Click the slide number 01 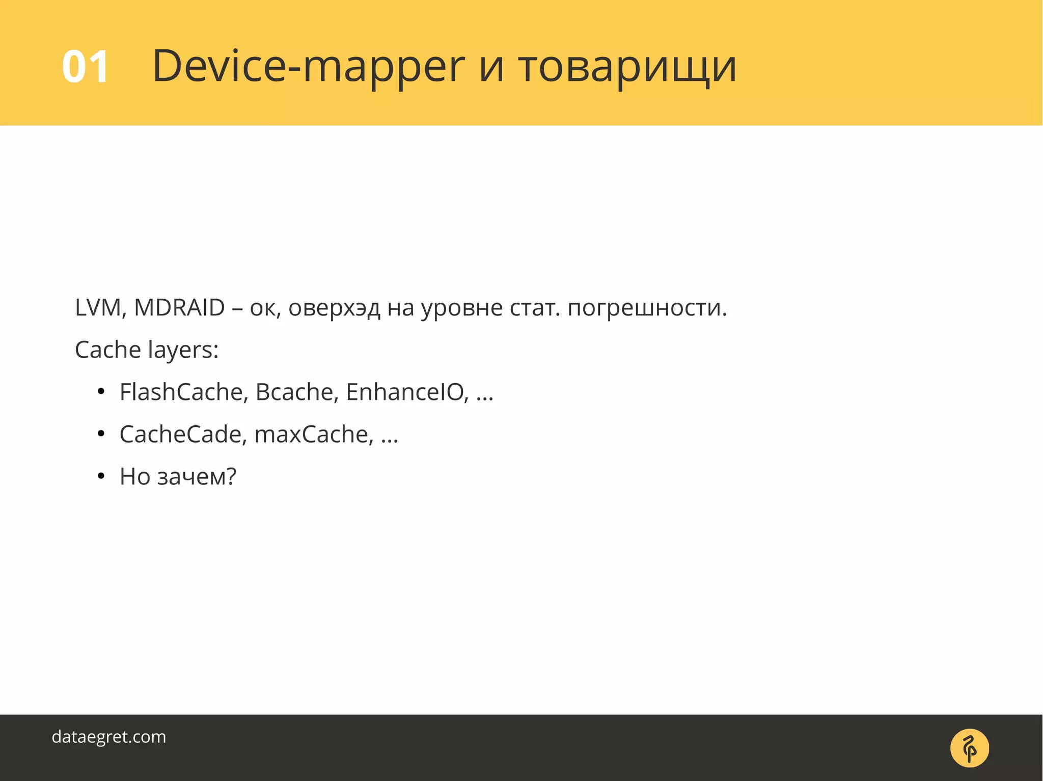coord(85,67)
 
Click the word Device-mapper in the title coord(308,67)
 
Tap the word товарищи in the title coord(627,67)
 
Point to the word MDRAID coord(179,308)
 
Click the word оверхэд coord(334,308)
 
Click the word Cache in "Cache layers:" coord(107,350)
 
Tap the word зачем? coord(197,477)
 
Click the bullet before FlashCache coord(101,392)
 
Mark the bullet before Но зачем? coord(101,477)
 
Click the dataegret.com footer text coord(109,737)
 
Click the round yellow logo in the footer coord(969,748)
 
